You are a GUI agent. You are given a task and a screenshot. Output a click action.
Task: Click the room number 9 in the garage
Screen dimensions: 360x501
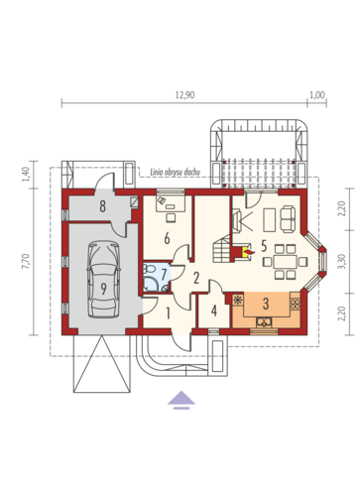click(104, 289)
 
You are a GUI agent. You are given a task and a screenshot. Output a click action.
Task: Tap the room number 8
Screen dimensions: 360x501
click(103, 206)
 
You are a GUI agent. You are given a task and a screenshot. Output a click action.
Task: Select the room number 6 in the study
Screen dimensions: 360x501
click(167, 238)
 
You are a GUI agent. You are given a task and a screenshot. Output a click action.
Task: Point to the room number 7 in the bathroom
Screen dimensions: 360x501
click(164, 274)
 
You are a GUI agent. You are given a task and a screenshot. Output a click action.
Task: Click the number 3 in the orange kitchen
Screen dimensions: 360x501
click(266, 304)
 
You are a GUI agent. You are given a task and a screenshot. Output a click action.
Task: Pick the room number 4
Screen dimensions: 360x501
click(214, 311)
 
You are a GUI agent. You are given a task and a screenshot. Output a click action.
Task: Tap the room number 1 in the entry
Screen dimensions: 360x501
click(168, 313)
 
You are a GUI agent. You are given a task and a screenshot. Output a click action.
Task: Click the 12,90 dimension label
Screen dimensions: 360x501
click(184, 95)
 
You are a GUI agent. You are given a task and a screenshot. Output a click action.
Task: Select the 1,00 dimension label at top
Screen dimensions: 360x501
click(317, 95)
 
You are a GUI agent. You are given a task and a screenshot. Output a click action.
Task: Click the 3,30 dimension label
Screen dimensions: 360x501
click(342, 261)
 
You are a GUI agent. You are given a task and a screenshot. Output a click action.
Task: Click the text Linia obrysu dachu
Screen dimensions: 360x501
click(175, 172)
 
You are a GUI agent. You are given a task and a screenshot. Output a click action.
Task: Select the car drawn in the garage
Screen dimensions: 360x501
click(103, 280)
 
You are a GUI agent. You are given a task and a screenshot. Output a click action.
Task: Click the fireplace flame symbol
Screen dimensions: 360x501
click(249, 253)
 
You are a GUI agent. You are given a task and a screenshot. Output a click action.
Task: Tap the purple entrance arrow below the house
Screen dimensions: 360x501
click(181, 400)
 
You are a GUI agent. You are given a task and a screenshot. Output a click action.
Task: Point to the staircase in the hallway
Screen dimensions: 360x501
click(221, 248)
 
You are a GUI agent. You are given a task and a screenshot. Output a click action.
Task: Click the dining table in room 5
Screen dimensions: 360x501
click(285, 261)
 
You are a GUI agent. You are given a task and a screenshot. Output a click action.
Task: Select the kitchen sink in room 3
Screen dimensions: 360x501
click(264, 321)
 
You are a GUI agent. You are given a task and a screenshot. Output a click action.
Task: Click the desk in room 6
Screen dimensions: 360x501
click(171, 202)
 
